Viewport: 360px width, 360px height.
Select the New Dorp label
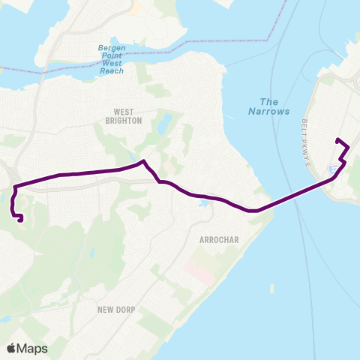point(115,308)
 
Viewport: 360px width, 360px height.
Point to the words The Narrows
point(268,106)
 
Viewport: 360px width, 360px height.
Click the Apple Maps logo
point(27,348)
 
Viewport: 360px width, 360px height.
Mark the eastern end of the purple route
point(337,140)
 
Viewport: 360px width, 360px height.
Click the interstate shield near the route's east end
point(331,169)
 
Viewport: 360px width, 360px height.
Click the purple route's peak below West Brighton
point(142,160)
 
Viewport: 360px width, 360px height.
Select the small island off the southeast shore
point(271,287)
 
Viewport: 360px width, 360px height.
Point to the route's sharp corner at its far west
point(13,184)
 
